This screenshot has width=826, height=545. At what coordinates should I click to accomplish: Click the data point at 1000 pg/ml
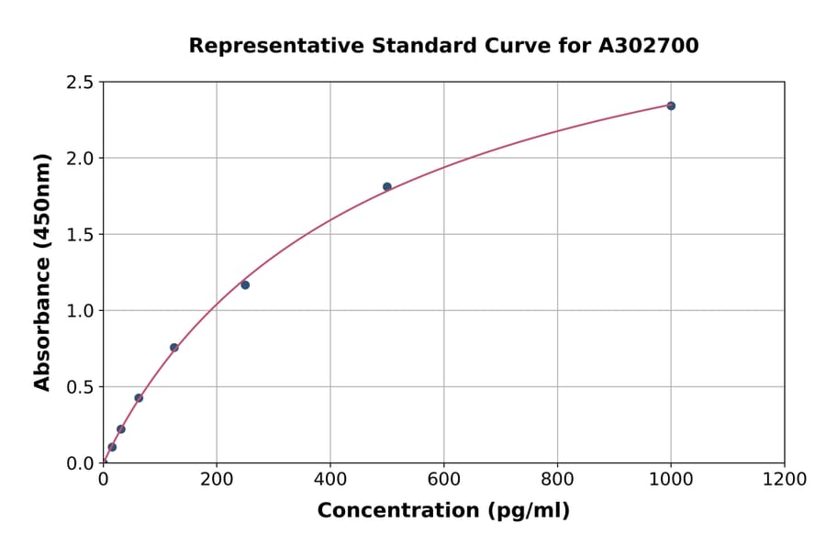pyautogui.click(x=671, y=106)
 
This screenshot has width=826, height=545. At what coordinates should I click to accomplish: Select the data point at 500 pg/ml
pyautogui.click(x=387, y=186)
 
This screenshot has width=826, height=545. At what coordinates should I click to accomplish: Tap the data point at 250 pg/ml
pyautogui.click(x=245, y=284)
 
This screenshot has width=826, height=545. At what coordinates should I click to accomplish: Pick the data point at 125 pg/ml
pyautogui.click(x=174, y=348)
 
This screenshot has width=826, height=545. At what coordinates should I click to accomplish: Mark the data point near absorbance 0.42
pyautogui.click(x=139, y=398)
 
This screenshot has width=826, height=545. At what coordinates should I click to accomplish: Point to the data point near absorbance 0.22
pyautogui.click(x=121, y=429)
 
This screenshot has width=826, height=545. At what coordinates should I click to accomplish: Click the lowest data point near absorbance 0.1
pyautogui.click(x=112, y=447)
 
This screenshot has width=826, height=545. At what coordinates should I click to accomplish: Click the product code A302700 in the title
pyautogui.click(x=649, y=46)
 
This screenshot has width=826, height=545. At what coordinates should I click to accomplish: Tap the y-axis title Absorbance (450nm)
pyautogui.click(x=42, y=272)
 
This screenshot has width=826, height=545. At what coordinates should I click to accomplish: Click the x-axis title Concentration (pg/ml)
pyautogui.click(x=443, y=511)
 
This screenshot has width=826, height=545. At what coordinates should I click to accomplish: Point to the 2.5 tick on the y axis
pyautogui.click(x=79, y=83)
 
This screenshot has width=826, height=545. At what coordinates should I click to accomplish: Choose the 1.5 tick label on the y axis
pyautogui.click(x=79, y=235)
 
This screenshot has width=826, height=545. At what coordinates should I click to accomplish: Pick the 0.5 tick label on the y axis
pyautogui.click(x=79, y=387)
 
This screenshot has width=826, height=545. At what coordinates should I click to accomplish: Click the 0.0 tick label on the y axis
pyautogui.click(x=79, y=463)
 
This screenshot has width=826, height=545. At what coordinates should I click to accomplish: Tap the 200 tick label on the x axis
pyautogui.click(x=217, y=479)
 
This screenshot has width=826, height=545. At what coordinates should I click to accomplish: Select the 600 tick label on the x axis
pyautogui.click(x=443, y=479)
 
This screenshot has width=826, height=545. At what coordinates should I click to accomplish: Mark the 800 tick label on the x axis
pyautogui.click(x=557, y=479)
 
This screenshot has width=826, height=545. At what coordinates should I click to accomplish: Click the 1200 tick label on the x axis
pyautogui.click(x=784, y=479)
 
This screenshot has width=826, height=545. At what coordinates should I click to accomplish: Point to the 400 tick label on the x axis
pyautogui.click(x=330, y=479)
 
